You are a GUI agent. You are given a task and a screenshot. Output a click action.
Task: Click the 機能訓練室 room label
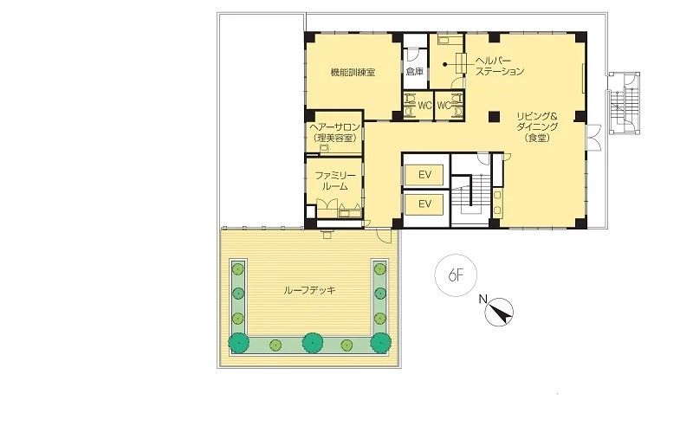353,72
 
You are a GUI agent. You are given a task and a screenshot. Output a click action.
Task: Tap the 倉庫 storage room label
415,72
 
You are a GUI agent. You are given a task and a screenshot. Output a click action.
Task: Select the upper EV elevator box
424,175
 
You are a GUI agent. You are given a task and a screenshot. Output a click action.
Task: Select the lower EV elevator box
424,204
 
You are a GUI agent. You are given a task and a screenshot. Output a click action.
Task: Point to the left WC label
424,106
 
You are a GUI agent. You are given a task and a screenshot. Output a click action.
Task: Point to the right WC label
444,106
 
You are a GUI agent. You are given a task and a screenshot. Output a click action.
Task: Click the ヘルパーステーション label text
500,66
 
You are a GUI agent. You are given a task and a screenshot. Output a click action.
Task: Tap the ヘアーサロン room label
334,132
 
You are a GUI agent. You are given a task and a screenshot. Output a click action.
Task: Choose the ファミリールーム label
335,181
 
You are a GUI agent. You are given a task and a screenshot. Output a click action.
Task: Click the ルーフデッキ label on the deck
309,290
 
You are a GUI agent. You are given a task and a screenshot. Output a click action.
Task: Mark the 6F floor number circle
457,275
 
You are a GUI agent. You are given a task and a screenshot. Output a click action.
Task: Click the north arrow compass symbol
500,313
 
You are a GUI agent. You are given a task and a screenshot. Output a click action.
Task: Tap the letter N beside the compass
483,300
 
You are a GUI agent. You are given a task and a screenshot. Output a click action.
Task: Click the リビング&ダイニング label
537,127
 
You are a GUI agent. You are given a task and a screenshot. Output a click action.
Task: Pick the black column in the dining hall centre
494,117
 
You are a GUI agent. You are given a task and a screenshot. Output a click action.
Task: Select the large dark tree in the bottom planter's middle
313,342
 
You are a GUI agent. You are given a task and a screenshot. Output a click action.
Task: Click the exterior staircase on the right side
623,103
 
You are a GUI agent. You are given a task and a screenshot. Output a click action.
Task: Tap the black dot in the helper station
445,64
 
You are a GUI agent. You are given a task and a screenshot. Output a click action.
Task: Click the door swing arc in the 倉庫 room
412,55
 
